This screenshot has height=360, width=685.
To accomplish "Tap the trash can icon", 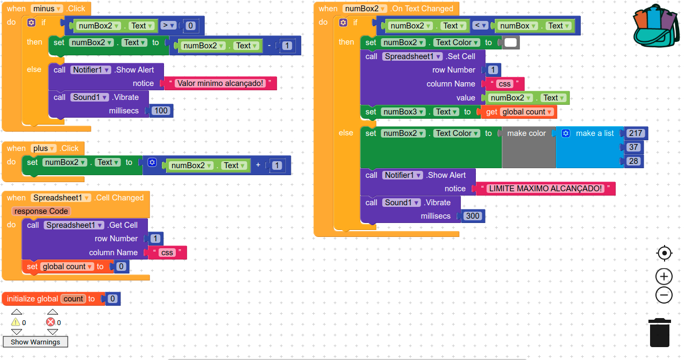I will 659,333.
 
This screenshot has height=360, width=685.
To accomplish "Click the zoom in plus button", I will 664,277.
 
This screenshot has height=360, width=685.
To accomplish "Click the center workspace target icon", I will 664,253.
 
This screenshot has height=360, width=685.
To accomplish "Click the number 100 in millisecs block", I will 161,111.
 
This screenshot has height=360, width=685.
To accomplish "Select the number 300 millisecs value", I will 472,216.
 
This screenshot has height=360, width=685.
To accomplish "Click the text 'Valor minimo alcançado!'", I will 220,83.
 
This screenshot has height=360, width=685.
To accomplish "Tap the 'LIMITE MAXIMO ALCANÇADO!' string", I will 545,189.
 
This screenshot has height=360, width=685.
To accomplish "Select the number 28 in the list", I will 633,161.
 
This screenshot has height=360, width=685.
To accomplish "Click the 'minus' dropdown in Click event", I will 47,9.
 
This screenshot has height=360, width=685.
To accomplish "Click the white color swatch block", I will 511,42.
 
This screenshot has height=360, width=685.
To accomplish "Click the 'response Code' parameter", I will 41,211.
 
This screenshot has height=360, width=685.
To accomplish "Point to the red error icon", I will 51,322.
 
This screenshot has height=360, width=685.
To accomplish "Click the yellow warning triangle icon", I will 16,322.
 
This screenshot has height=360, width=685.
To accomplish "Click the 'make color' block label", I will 526,133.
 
